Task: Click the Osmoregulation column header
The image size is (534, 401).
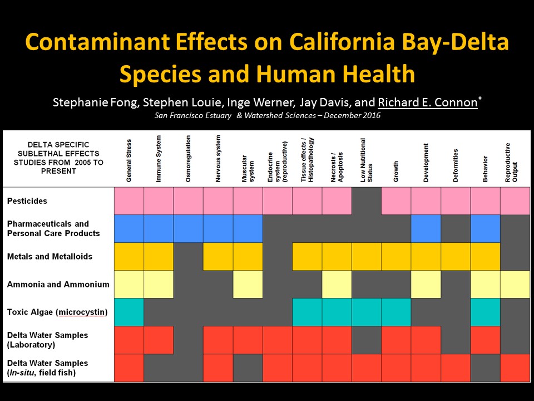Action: click(189, 158)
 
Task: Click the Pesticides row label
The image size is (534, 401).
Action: click(27, 200)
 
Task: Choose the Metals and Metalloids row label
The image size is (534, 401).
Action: click(50, 257)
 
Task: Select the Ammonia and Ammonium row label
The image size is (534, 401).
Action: click(58, 285)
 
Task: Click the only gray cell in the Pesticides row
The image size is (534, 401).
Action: click(367, 200)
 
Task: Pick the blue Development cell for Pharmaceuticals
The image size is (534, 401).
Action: click(426, 228)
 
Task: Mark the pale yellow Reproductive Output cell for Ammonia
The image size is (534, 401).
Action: click(515, 285)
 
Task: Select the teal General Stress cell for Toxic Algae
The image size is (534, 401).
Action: click(129, 312)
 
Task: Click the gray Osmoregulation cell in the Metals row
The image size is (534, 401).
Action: click(189, 257)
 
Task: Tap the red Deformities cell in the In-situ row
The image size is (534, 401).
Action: click(456, 368)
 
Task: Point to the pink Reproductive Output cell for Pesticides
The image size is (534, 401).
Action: click(515, 200)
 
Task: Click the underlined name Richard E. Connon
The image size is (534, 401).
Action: click(427, 103)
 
